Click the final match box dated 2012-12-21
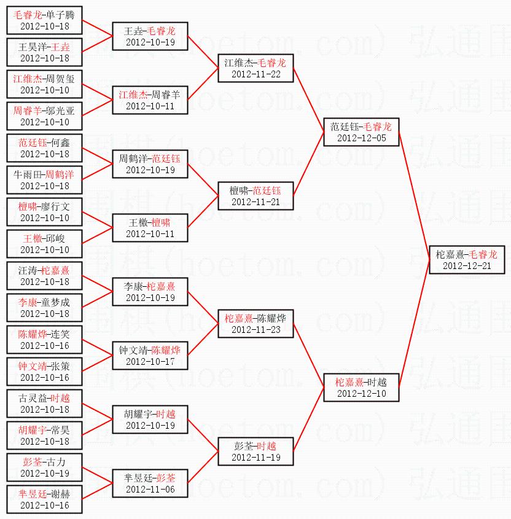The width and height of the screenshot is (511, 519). click(467, 260)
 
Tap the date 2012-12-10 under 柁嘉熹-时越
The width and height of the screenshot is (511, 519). click(362, 394)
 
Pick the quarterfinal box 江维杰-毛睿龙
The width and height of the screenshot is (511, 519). click(255, 68)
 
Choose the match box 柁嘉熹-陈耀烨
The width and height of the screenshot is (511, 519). click(255, 324)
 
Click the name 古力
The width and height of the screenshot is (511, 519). click(55, 461)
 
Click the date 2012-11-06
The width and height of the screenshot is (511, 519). click(150, 490)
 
